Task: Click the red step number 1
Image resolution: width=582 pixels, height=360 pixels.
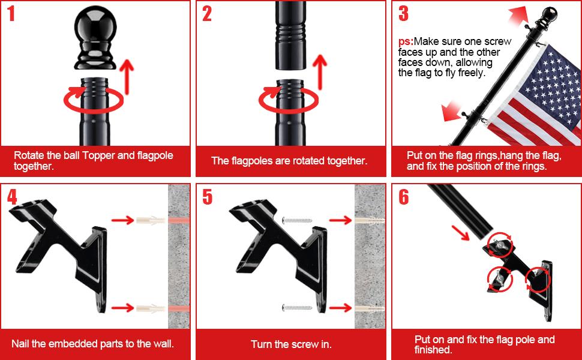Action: [11, 13]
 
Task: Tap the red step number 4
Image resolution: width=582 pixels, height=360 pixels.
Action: [12, 197]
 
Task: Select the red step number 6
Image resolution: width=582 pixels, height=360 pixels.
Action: [403, 197]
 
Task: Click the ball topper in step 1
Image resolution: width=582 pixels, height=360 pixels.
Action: [95, 37]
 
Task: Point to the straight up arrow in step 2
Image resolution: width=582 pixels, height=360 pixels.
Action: [320, 73]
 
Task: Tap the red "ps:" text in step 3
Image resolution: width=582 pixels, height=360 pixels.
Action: [406, 41]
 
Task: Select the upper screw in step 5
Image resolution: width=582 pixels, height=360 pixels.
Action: [297, 220]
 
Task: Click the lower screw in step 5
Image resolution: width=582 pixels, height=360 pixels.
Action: [297, 308]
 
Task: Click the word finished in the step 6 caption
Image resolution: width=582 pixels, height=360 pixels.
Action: [433, 350]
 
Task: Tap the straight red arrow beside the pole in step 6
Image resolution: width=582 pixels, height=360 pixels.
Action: [461, 232]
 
